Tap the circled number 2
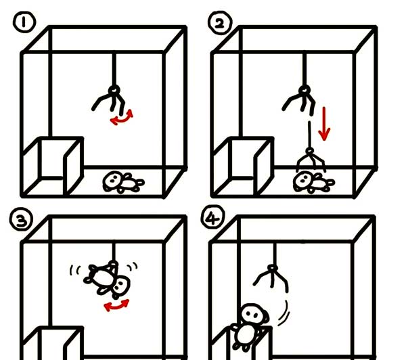point(220,24)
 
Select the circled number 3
point(22,219)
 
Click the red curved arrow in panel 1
point(122,117)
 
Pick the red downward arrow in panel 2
point(325,122)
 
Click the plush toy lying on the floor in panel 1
point(122,182)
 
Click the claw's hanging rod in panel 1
point(115,68)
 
